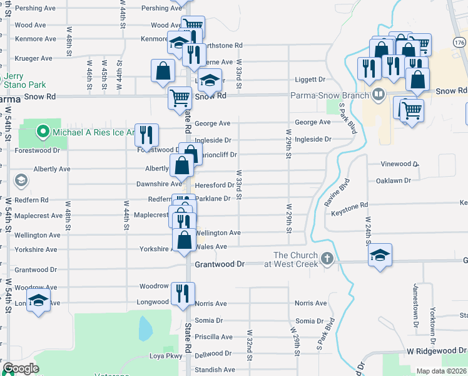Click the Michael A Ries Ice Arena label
(93, 132)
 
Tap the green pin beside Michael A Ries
(43, 132)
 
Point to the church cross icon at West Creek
(326, 259)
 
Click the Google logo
(21, 368)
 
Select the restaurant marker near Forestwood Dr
(146, 135)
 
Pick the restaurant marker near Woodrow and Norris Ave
(183, 293)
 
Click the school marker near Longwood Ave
(39, 300)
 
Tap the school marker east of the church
(379, 254)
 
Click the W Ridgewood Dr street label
(436, 352)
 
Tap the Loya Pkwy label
(165, 356)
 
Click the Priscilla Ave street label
(214, 337)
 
